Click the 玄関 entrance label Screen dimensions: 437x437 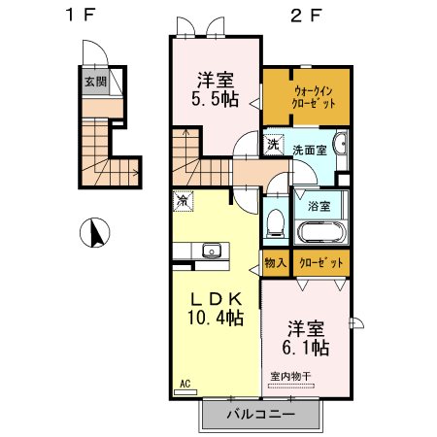pyautogui.click(x=96, y=82)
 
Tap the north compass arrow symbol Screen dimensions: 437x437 pyautogui.click(x=95, y=232)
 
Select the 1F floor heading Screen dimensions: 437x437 pyautogui.click(x=80, y=15)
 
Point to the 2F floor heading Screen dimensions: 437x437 pyautogui.click(x=306, y=16)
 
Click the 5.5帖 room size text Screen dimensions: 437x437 pyautogui.click(x=216, y=99)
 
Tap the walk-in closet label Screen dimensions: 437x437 pyautogui.click(x=313, y=97)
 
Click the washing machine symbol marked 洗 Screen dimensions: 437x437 pyautogui.click(x=274, y=145)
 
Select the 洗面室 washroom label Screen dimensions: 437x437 pyautogui.click(x=310, y=151)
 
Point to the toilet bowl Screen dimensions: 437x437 pyautogui.click(x=276, y=223)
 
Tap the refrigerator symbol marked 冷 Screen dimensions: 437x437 pyautogui.click(x=184, y=201)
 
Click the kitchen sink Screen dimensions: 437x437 pyautogui.click(x=212, y=251)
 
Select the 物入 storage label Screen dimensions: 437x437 pyautogui.click(x=276, y=262)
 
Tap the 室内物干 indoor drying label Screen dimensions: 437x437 pyautogui.click(x=290, y=377)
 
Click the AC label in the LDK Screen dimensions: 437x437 pyautogui.click(x=185, y=384)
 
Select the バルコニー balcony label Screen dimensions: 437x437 pyautogui.click(x=261, y=414)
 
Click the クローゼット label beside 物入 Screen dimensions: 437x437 pyautogui.click(x=321, y=263)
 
